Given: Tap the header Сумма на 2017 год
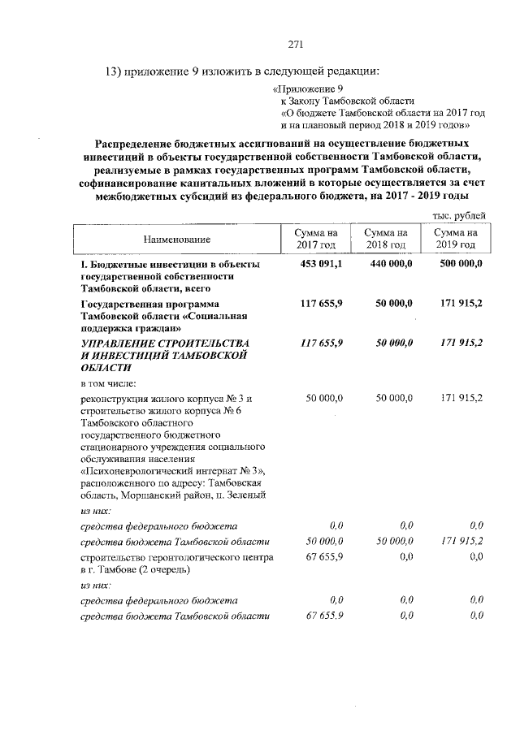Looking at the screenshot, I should coord(315,239).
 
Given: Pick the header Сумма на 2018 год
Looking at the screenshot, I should coord(386,239).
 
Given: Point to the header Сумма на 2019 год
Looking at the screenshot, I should coord(456,239).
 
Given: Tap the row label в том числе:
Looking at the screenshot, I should coord(107,383).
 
